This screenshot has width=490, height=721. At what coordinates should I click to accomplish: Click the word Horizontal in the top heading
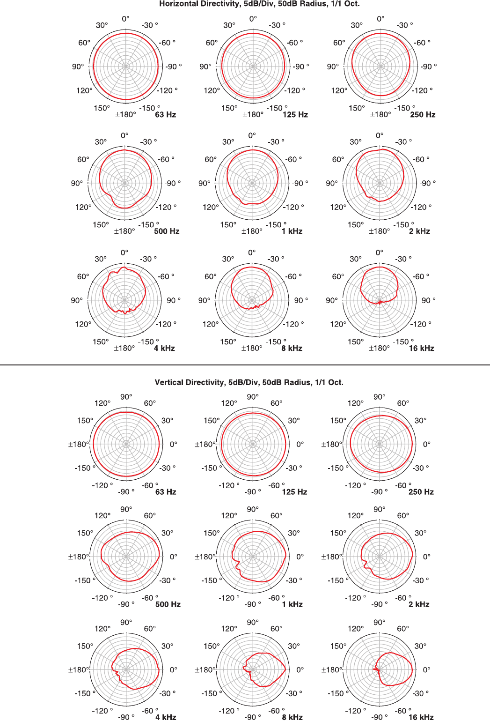tap(176, 4)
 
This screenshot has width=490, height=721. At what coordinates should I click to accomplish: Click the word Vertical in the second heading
tap(169, 382)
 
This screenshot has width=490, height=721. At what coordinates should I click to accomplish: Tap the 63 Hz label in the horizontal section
tap(165, 114)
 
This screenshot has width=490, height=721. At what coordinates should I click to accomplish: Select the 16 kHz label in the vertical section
tap(421, 717)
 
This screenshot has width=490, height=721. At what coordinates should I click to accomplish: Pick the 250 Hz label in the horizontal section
tap(423, 114)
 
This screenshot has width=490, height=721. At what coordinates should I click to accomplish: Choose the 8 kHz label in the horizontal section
tap(292, 348)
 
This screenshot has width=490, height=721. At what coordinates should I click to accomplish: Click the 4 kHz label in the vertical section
tap(166, 717)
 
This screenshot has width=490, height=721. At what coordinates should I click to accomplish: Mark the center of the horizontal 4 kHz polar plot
tap(124, 300)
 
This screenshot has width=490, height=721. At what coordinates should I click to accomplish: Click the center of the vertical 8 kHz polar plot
tap(253, 669)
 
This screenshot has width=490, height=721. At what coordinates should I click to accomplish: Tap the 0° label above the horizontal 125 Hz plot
tap(253, 19)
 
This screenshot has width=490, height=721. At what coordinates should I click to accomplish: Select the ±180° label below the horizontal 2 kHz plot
tap(380, 231)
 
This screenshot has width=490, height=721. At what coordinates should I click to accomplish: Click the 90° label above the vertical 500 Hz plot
tap(126, 509)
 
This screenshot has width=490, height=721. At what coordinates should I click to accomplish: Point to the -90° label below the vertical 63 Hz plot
tap(126, 491)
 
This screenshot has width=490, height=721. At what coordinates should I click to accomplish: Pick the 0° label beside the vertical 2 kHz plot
tap(426, 557)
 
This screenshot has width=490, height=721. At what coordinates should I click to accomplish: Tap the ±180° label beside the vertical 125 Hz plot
tap(205, 444)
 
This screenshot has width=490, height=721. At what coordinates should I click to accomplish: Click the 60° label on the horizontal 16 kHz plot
tap(338, 276)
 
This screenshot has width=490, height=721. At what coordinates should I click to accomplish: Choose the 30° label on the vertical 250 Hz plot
tap(420, 420)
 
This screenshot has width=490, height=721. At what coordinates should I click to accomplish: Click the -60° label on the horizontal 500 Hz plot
tap(166, 159)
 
